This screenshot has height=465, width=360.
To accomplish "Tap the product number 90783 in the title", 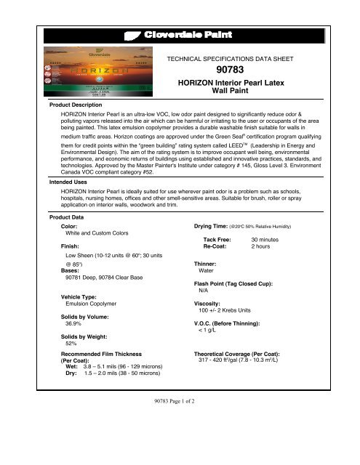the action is click(249, 69).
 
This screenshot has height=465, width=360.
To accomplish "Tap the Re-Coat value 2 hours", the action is click(261, 246).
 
